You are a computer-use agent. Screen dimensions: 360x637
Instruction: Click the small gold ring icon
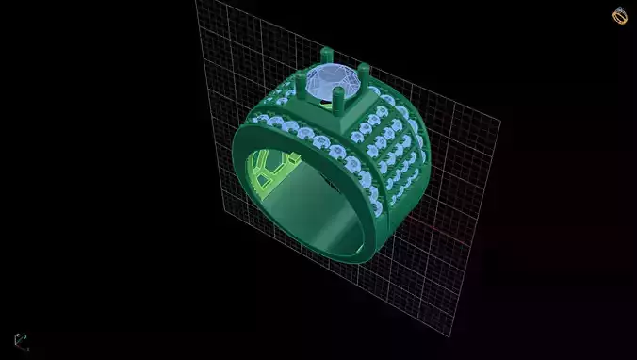tap(619, 15)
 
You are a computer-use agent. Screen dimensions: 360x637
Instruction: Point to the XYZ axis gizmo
tap(21, 340)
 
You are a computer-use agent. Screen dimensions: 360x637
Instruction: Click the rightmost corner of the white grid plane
tap(500, 121)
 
